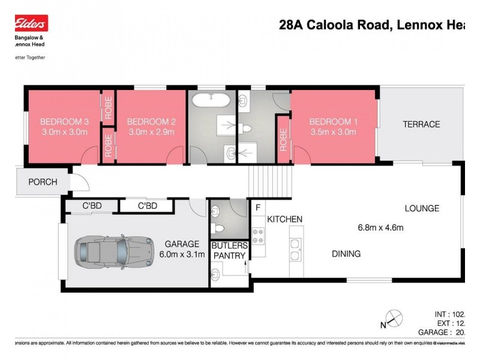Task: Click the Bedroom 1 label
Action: click(333, 121)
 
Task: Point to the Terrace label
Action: click(421, 124)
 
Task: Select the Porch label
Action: click(43, 182)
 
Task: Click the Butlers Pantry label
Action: click(229, 250)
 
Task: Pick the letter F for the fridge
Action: click(258, 208)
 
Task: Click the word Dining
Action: click(346, 254)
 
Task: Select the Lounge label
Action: click(421, 208)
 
